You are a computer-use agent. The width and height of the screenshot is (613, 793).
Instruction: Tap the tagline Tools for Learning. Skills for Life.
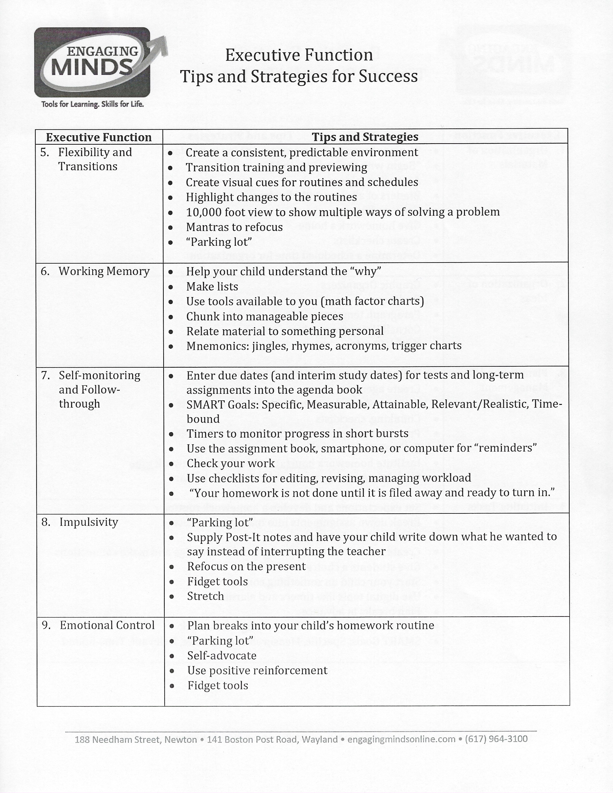(93, 105)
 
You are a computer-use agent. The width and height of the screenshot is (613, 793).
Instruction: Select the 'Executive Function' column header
(99, 137)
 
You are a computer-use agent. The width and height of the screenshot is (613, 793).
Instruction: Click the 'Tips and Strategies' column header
(365, 137)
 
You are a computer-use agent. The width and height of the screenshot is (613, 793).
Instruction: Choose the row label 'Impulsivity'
(89, 522)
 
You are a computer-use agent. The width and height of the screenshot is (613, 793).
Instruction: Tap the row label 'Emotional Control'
(107, 625)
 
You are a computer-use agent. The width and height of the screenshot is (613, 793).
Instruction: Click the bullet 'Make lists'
(212, 286)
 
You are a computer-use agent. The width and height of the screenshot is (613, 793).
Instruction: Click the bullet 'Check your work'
(231, 463)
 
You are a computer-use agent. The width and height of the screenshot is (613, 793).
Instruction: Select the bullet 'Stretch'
(206, 596)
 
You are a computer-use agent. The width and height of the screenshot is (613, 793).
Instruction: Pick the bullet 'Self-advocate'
(222, 655)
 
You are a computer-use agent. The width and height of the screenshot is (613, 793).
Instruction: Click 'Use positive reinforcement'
(257, 670)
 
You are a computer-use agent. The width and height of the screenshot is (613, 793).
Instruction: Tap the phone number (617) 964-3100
(496, 739)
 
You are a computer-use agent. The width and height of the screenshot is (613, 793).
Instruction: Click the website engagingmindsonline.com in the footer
(401, 739)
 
